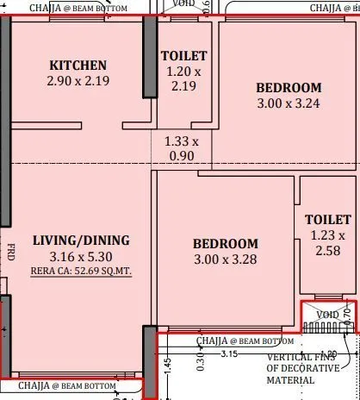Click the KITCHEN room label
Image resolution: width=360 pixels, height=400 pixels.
78,66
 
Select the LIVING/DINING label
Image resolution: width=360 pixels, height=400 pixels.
81,241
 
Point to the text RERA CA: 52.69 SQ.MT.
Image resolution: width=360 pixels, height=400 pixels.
82,271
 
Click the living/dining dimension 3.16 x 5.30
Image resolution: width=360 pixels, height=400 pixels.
81,256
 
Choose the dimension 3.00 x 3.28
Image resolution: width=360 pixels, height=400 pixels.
225,259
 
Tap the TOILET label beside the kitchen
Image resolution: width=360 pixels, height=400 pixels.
184,56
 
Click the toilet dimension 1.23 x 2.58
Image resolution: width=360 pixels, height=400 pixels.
327,243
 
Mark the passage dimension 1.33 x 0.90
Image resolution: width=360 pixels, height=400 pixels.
181,148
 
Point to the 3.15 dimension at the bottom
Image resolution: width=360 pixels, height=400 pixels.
228,353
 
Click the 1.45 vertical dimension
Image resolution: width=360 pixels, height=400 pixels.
168,365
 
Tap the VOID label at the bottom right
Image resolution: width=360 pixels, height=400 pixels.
327,315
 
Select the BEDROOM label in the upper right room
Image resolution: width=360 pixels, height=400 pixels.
289,87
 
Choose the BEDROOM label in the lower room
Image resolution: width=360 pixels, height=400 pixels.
225,243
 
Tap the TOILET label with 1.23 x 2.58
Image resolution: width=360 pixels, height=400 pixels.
327,220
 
